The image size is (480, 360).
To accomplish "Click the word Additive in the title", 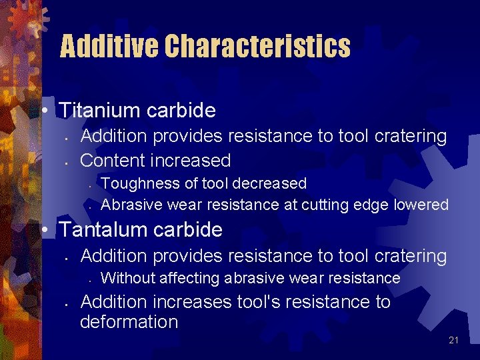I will click(x=109, y=47).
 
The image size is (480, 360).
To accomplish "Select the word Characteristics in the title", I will click(x=257, y=47).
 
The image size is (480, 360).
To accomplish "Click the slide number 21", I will click(x=454, y=341).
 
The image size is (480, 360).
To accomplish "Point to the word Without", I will click(x=126, y=278).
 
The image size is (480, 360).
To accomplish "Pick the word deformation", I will click(x=129, y=323).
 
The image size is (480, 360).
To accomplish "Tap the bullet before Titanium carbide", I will click(x=43, y=111).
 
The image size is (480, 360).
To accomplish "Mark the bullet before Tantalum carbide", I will click(x=43, y=230).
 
